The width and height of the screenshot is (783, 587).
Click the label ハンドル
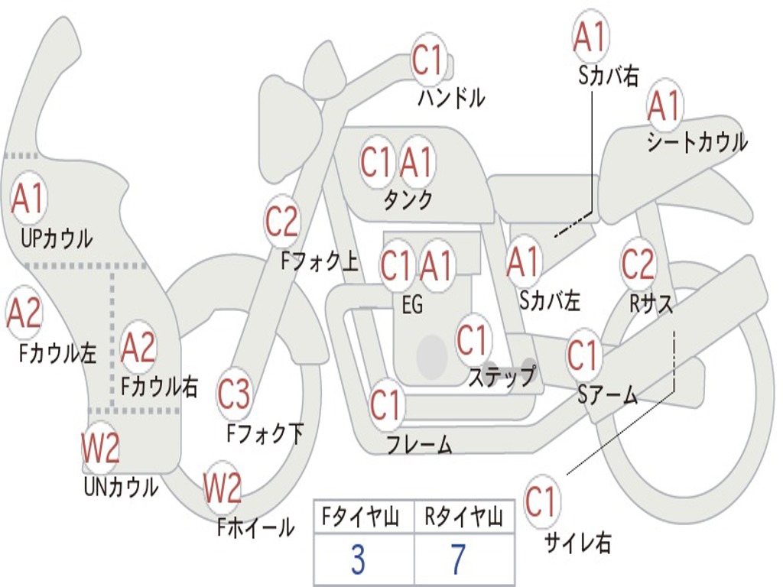pyautogui.click(x=451, y=98)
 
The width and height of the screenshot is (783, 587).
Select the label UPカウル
pyautogui.click(x=57, y=238)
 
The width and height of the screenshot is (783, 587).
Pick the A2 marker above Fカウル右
pyautogui.click(x=138, y=347)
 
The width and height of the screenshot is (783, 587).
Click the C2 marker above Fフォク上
pyautogui.click(x=281, y=222)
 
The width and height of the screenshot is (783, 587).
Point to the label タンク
pyautogui.click(x=408, y=200)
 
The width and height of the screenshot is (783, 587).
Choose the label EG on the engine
pyautogui.click(x=412, y=304)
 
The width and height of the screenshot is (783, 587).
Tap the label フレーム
pyautogui.click(x=419, y=444)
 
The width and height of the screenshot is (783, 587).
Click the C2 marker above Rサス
pyautogui.click(x=638, y=264)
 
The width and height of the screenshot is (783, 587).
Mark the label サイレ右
pyautogui.click(x=578, y=543)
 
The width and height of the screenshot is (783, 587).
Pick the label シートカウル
pyautogui.click(x=697, y=143)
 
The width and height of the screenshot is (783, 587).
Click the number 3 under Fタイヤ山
pyautogui.click(x=358, y=560)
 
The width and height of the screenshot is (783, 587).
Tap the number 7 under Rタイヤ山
pyautogui.click(x=458, y=560)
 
